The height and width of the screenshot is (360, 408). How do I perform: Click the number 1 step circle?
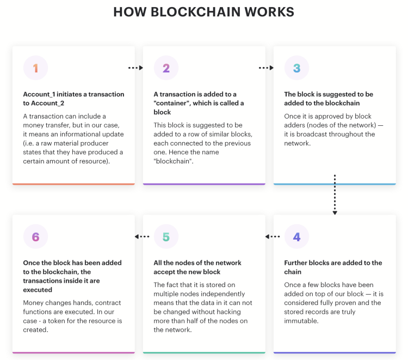click(x=36, y=68)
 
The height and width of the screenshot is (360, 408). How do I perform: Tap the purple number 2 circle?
click(x=166, y=68)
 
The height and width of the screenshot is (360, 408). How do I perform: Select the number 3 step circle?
click(x=297, y=68)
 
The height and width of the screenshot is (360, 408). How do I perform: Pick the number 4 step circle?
click(x=297, y=236)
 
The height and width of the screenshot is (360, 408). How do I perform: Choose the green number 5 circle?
click(x=166, y=236)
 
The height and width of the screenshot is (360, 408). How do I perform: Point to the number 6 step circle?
click(x=36, y=236)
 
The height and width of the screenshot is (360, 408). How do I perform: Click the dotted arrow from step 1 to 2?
click(x=135, y=68)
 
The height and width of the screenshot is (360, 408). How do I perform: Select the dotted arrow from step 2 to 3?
click(x=266, y=68)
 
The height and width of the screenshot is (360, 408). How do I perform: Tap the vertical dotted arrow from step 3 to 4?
click(x=335, y=194)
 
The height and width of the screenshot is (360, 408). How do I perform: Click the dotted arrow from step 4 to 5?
click(x=273, y=236)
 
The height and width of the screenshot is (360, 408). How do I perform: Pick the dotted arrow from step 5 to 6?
click(x=142, y=236)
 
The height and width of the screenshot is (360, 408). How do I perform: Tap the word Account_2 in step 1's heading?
click(x=47, y=103)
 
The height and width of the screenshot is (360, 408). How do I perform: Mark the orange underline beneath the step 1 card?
click(x=73, y=184)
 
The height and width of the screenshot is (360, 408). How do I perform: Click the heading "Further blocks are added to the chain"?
click(x=333, y=267)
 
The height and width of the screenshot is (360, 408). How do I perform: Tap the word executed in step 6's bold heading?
click(x=38, y=290)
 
